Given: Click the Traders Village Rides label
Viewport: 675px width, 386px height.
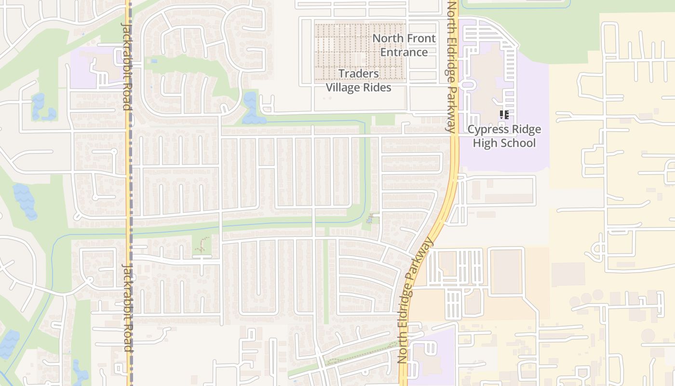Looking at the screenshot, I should (x=358, y=81).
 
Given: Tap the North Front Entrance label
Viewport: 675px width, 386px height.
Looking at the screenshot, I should (x=404, y=45).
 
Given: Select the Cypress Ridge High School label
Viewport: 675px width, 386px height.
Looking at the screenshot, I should (x=504, y=136).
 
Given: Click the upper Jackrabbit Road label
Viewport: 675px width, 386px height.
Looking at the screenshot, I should (x=126, y=66).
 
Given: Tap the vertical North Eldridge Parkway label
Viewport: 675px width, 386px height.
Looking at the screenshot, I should (x=451, y=67).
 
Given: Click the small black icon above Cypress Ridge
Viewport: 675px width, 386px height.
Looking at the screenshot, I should (x=504, y=115).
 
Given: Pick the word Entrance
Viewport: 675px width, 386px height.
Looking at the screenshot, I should (x=404, y=52).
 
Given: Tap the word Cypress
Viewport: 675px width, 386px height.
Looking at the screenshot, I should (x=486, y=129).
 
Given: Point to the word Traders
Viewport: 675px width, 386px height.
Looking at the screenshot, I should (x=358, y=73).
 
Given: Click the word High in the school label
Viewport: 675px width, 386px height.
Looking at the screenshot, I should (x=484, y=143).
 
